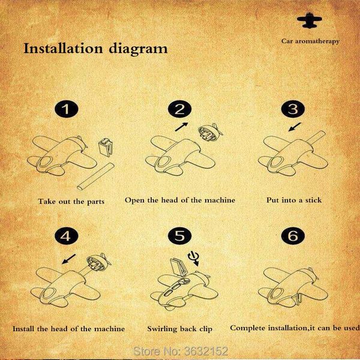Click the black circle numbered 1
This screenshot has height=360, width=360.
click(67, 109)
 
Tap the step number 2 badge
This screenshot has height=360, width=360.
click(179, 109)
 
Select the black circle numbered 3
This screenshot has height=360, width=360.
click(293, 109)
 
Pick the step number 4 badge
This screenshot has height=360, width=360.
click(67, 236)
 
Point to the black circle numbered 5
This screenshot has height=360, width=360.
click(179, 236)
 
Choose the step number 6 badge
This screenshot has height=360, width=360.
click(293, 236)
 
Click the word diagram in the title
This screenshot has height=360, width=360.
click(138, 49)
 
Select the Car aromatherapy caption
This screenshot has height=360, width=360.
click(310, 41)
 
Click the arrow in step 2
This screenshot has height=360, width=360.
click(182, 127)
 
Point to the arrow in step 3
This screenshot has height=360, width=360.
click(295, 127)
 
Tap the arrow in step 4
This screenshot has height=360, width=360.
click(68, 259)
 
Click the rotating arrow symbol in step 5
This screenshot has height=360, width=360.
click(193, 258)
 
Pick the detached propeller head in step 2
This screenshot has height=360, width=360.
click(211, 132)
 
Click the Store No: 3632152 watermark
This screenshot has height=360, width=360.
click(181, 351)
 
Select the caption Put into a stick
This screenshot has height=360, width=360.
click(294, 200)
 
